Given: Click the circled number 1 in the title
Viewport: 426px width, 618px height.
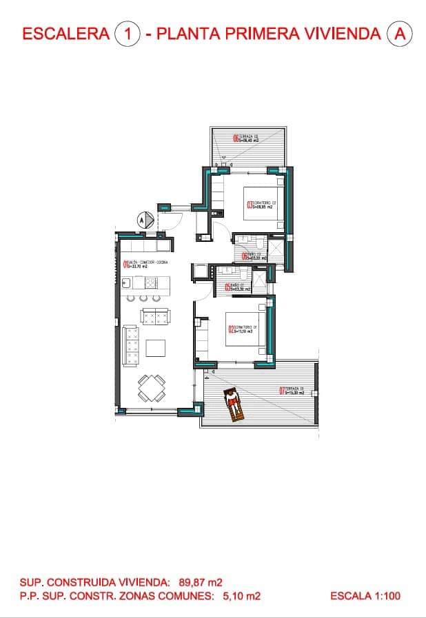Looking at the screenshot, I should pos(128,33).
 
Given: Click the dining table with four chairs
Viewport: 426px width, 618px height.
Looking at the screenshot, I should pos(151,388).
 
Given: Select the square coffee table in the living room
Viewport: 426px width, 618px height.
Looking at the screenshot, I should pos(155,348).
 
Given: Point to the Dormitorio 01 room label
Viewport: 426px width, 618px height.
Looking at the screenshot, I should pos(241,329).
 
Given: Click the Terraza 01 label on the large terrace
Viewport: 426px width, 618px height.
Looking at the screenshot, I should pos(292,390).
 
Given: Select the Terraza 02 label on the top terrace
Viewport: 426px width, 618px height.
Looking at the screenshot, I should pos(245,138).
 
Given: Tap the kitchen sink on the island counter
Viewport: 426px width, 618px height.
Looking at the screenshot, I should pos(127,282).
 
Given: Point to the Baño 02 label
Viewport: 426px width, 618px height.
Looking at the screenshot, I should pos(253,257).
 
